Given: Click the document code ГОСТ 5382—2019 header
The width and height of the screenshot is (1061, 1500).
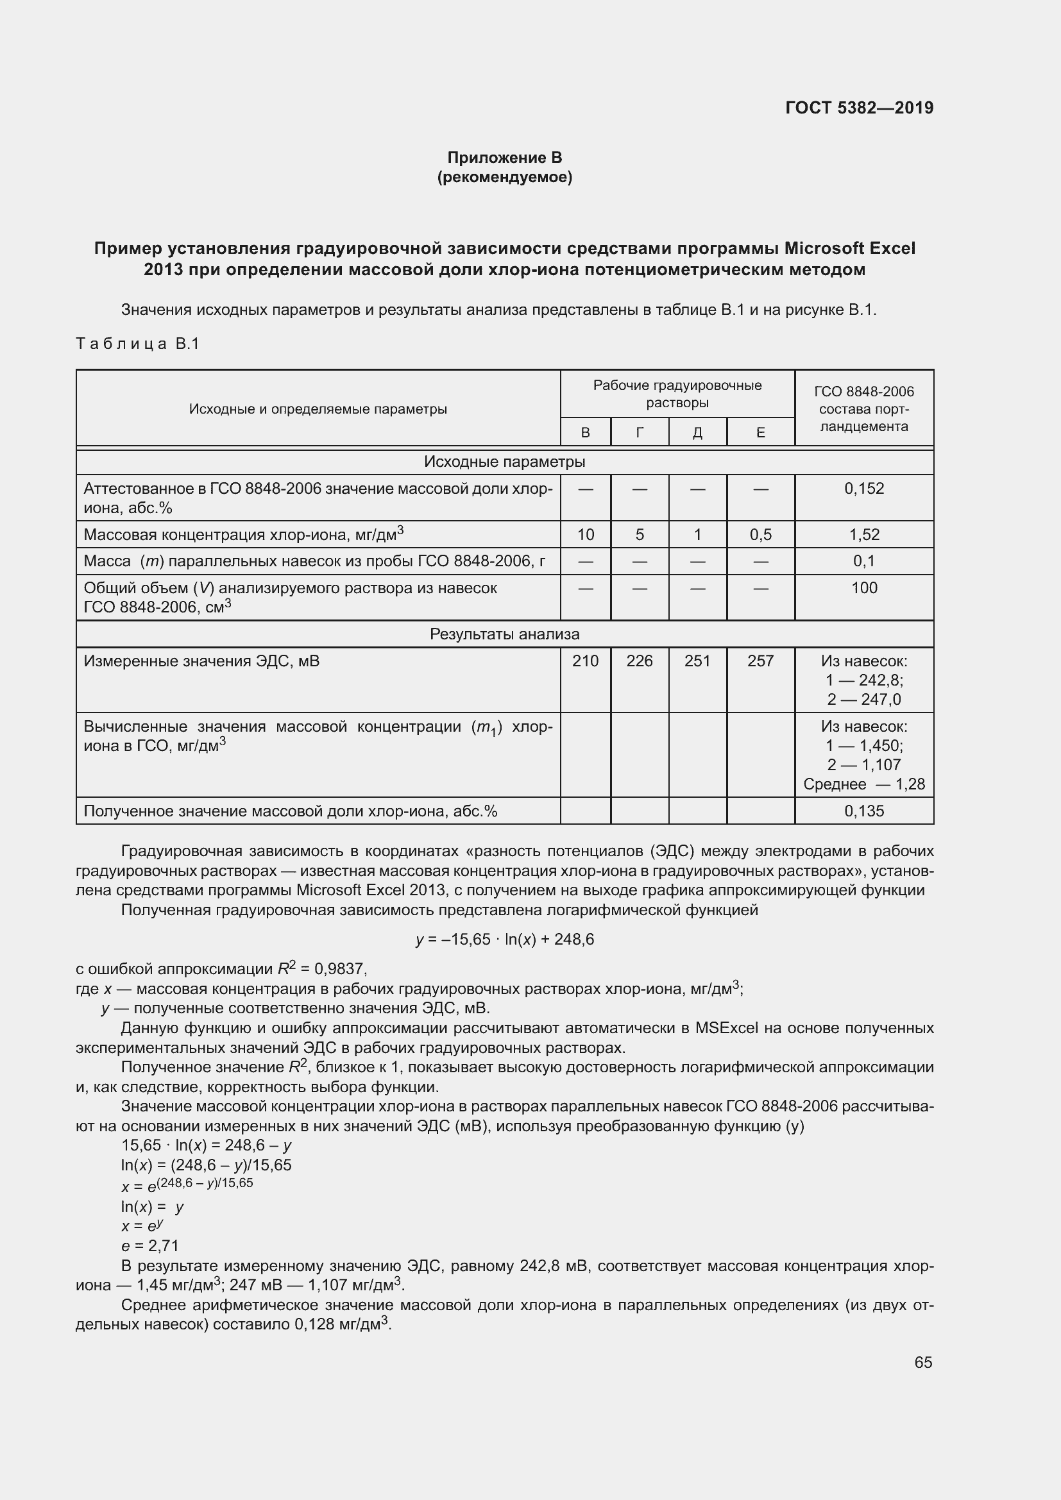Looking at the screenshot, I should (859, 108).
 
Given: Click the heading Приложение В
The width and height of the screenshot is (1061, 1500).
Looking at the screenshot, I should (504, 158).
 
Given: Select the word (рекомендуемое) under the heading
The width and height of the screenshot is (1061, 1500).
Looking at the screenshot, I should (504, 177).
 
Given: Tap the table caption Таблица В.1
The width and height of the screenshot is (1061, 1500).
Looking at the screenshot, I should (137, 344).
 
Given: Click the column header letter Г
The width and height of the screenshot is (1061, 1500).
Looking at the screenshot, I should (640, 432).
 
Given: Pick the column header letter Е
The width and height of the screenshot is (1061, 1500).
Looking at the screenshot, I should (761, 432).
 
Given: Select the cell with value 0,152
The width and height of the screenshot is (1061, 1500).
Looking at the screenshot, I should (863, 489).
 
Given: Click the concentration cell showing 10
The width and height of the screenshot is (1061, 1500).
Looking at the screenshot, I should (586, 534).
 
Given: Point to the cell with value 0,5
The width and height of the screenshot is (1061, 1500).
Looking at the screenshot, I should (761, 534).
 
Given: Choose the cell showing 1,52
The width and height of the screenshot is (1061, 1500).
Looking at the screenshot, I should (863, 534).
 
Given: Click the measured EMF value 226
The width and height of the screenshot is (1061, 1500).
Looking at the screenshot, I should (640, 661).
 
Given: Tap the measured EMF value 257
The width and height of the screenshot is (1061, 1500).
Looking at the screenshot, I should (761, 661).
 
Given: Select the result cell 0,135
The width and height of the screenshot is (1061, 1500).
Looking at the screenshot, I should (863, 811).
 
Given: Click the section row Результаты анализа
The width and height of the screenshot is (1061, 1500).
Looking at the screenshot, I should (504, 634).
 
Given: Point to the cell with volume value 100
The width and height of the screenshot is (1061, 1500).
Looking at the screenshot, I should (863, 587).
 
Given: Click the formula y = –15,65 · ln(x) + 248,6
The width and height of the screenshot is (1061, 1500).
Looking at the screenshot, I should (504, 940).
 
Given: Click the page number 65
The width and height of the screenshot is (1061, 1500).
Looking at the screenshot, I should (922, 1362).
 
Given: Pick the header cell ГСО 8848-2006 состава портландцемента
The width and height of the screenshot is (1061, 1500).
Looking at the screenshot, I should (863, 409).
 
